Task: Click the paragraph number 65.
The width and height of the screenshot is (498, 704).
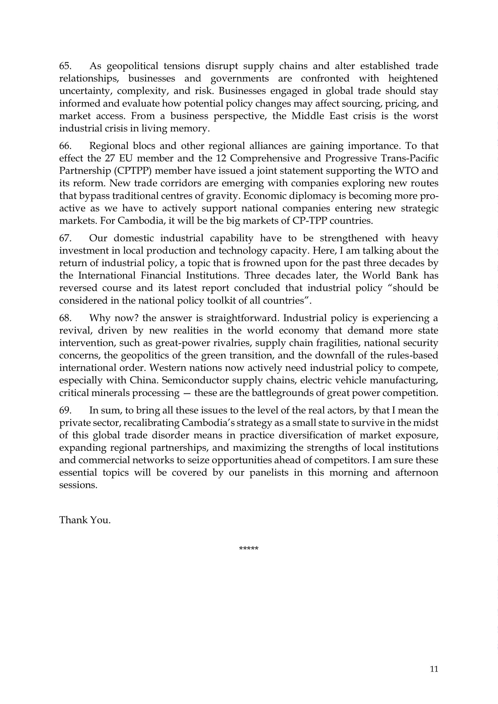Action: (65, 66)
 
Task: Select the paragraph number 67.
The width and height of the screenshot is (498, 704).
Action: (65, 238)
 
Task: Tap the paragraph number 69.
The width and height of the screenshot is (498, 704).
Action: (65, 410)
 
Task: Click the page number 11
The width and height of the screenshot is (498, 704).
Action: (434, 669)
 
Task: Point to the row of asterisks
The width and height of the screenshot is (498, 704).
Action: (248, 548)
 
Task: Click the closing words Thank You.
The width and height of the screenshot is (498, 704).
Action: (85, 520)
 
